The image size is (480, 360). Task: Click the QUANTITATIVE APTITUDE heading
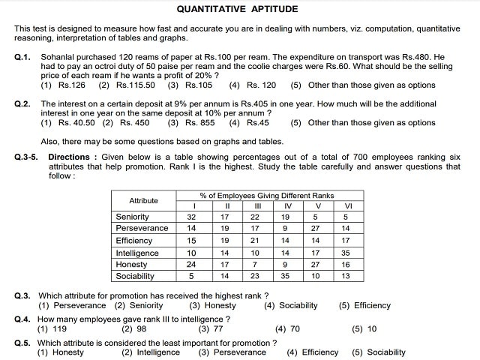(x=237, y=10)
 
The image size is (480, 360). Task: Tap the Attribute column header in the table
(x=143, y=200)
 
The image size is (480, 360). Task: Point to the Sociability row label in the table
(x=136, y=276)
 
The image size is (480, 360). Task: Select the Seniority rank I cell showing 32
(x=191, y=217)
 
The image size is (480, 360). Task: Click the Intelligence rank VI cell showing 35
(x=345, y=253)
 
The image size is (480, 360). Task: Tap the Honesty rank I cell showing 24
(x=191, y=264)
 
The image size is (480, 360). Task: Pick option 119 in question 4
(x=58, y=329)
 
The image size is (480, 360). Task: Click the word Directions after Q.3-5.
(x=71, y=157)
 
